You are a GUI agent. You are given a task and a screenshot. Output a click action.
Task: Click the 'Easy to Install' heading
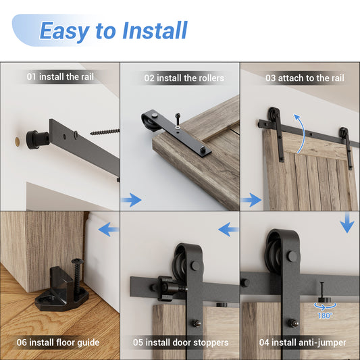(x=113, y=30)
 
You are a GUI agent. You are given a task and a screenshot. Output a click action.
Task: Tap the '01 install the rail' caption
(x=60, y=77)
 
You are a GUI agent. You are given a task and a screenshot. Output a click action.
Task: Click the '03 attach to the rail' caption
(x=304, y=78)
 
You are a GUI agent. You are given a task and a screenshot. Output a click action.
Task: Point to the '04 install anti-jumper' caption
(x=303, y=342)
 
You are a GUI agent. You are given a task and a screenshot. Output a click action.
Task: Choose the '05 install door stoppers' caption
(x=180, y=342)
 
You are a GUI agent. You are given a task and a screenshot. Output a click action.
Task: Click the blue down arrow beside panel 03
(x=347, y=224)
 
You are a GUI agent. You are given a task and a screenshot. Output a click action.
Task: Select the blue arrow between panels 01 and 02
(x=132, y=200)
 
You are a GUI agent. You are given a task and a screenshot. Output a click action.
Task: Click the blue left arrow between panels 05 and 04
(x=228, y=230)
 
